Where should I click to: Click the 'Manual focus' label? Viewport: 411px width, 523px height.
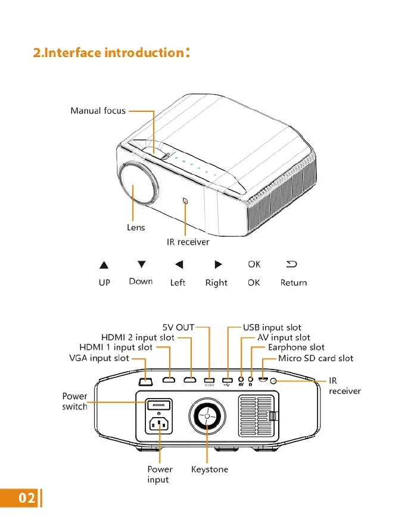tap(98, 111)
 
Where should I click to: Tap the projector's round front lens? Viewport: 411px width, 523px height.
tap(138, 185)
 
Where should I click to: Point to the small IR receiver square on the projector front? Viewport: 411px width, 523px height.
tap(185, 201)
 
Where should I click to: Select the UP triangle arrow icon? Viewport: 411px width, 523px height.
tap(104, 265)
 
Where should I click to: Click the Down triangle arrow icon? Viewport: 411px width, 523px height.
tap(141, 264)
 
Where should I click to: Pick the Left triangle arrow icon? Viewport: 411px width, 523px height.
tap(179, 265)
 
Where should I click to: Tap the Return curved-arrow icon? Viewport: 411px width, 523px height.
tap(292, 264)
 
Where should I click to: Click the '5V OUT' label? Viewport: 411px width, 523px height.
tap(179, 327)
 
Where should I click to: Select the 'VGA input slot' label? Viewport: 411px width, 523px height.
tap(99, 358)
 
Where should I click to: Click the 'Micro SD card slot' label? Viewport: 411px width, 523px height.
tap(316, 358)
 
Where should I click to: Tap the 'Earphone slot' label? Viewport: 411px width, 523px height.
tap(296, 347)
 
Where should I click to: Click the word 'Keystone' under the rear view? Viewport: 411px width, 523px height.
tap(210, 469)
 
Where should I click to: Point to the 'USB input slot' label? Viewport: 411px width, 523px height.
tap(272, 327)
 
